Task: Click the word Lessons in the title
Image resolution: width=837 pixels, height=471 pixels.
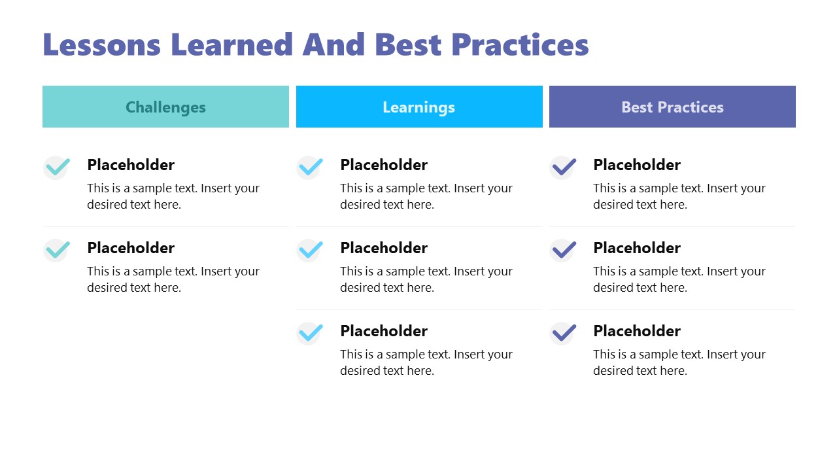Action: click(x=101, y=44)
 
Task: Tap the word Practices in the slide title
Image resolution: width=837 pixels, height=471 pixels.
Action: click(x=520, y=44)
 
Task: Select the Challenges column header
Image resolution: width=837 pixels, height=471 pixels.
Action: click(x=165, y=107)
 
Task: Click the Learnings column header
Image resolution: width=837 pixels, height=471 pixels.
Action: click(x=419, y=107)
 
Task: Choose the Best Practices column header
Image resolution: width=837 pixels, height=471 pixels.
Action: click(x=672, y=107)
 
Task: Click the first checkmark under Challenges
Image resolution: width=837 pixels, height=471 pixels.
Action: click(x=58, y=167)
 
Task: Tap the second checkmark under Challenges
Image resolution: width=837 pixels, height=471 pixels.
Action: click(x=58, y=251)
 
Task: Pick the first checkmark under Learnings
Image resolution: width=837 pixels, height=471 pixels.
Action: click(x=311, y=167)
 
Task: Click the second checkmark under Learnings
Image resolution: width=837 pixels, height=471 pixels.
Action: click(x=311, y=251)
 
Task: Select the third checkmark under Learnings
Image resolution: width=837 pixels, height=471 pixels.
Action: click(x=311, y=334)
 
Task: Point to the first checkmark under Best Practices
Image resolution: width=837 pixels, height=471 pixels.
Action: click(x=564, y=167)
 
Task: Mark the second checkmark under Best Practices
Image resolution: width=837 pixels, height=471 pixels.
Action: click(x=564, y=251)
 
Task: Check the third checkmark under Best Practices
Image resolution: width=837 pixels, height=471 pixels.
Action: click(x=564, y=334)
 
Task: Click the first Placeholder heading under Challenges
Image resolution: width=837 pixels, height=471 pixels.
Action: click(x=131, y=165)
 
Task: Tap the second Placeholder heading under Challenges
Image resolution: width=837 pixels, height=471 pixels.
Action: click(x=131, y=248)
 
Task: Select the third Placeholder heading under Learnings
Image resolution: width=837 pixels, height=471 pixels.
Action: click(x=384, y=331)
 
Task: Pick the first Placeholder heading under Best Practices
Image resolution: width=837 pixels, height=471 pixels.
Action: click(x=637, y=165)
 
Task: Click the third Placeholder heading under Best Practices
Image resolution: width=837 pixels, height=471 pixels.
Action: click(x=637, y=331)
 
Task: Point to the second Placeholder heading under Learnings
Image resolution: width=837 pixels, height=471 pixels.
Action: click(x=384, y=248)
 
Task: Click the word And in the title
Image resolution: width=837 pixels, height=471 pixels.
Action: click(x=333, y=44)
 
